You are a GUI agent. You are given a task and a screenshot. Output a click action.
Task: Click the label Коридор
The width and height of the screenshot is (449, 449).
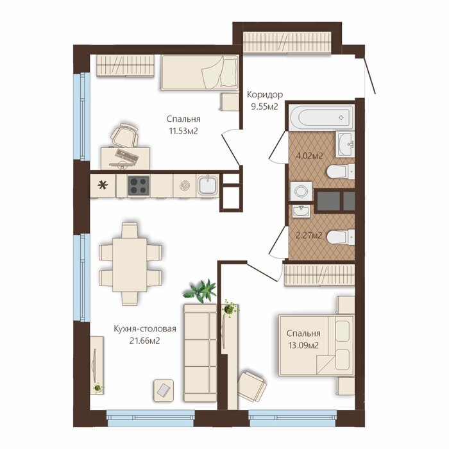tap(265, 94)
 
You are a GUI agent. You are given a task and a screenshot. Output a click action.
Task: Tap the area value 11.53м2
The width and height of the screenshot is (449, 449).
tap(183, 131)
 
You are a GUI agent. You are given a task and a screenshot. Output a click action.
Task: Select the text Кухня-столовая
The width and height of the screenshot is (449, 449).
tap(145, 328)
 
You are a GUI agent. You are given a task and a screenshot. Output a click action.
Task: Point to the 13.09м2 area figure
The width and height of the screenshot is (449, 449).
tap(303, 345)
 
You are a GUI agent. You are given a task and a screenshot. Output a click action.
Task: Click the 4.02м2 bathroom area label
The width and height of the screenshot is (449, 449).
tap(309, 156)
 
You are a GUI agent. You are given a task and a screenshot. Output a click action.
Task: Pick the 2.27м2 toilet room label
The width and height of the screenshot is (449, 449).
tap(309, 235)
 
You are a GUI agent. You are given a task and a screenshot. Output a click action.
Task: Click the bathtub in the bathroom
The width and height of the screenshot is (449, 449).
tap(321, 117)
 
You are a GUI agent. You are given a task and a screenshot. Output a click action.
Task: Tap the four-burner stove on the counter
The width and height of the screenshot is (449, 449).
tap(139, 185)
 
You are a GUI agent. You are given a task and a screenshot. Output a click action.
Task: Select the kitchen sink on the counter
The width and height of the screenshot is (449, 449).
tap(208, 185)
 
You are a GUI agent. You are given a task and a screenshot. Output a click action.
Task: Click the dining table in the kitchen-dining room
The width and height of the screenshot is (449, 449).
tap(130, 265)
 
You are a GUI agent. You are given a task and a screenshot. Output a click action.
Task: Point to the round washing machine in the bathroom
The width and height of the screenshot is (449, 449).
tap(301, 191)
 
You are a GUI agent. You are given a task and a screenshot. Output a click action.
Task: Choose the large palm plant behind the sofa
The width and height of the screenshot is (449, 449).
tap(201, 291)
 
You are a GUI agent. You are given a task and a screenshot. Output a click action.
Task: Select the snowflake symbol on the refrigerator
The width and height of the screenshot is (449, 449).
tap(103, 185)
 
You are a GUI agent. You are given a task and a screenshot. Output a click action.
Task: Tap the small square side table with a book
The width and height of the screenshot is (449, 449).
tap(164, 390)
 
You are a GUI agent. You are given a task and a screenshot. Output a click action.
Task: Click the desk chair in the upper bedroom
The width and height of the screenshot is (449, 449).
tap(124, 135)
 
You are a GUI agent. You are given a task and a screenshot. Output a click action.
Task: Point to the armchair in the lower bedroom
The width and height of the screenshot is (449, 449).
tap(251, 387)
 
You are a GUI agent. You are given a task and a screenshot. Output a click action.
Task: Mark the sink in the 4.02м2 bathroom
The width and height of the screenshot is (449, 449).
tap(345, 144)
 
